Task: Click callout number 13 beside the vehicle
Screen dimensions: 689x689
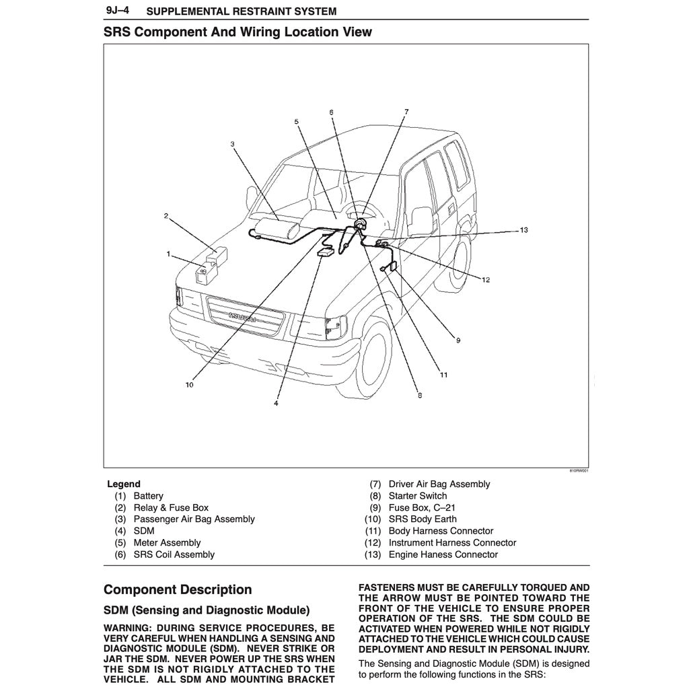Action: [x=523, y=230]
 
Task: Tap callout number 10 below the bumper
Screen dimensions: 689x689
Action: [x=189, y=386]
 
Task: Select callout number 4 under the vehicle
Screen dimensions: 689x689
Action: [x=276, y=403]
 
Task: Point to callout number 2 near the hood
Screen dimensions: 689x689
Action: [x=166, y=216]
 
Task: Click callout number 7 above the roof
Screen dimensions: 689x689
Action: [x=406, y=111]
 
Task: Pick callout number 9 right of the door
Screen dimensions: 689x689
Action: [x=458, y=340]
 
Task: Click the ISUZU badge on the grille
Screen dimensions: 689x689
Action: [x=242, y=318]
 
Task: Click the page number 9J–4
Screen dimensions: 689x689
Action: [x=118, y=11]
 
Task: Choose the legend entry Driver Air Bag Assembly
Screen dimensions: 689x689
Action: [x=439, y=484]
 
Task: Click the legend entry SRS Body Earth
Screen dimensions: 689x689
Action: [x=422, y=519]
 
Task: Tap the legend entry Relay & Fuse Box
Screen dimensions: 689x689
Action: [x=171, y=507]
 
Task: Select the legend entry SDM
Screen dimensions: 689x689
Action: [x=144, y=531]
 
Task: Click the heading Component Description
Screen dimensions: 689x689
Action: [x=178, y=590]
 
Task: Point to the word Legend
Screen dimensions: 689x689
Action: [x=124, y=484]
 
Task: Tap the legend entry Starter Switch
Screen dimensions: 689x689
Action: [x=417, y=496]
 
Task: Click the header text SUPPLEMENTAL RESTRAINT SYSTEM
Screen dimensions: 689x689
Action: [x=241, y=11]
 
